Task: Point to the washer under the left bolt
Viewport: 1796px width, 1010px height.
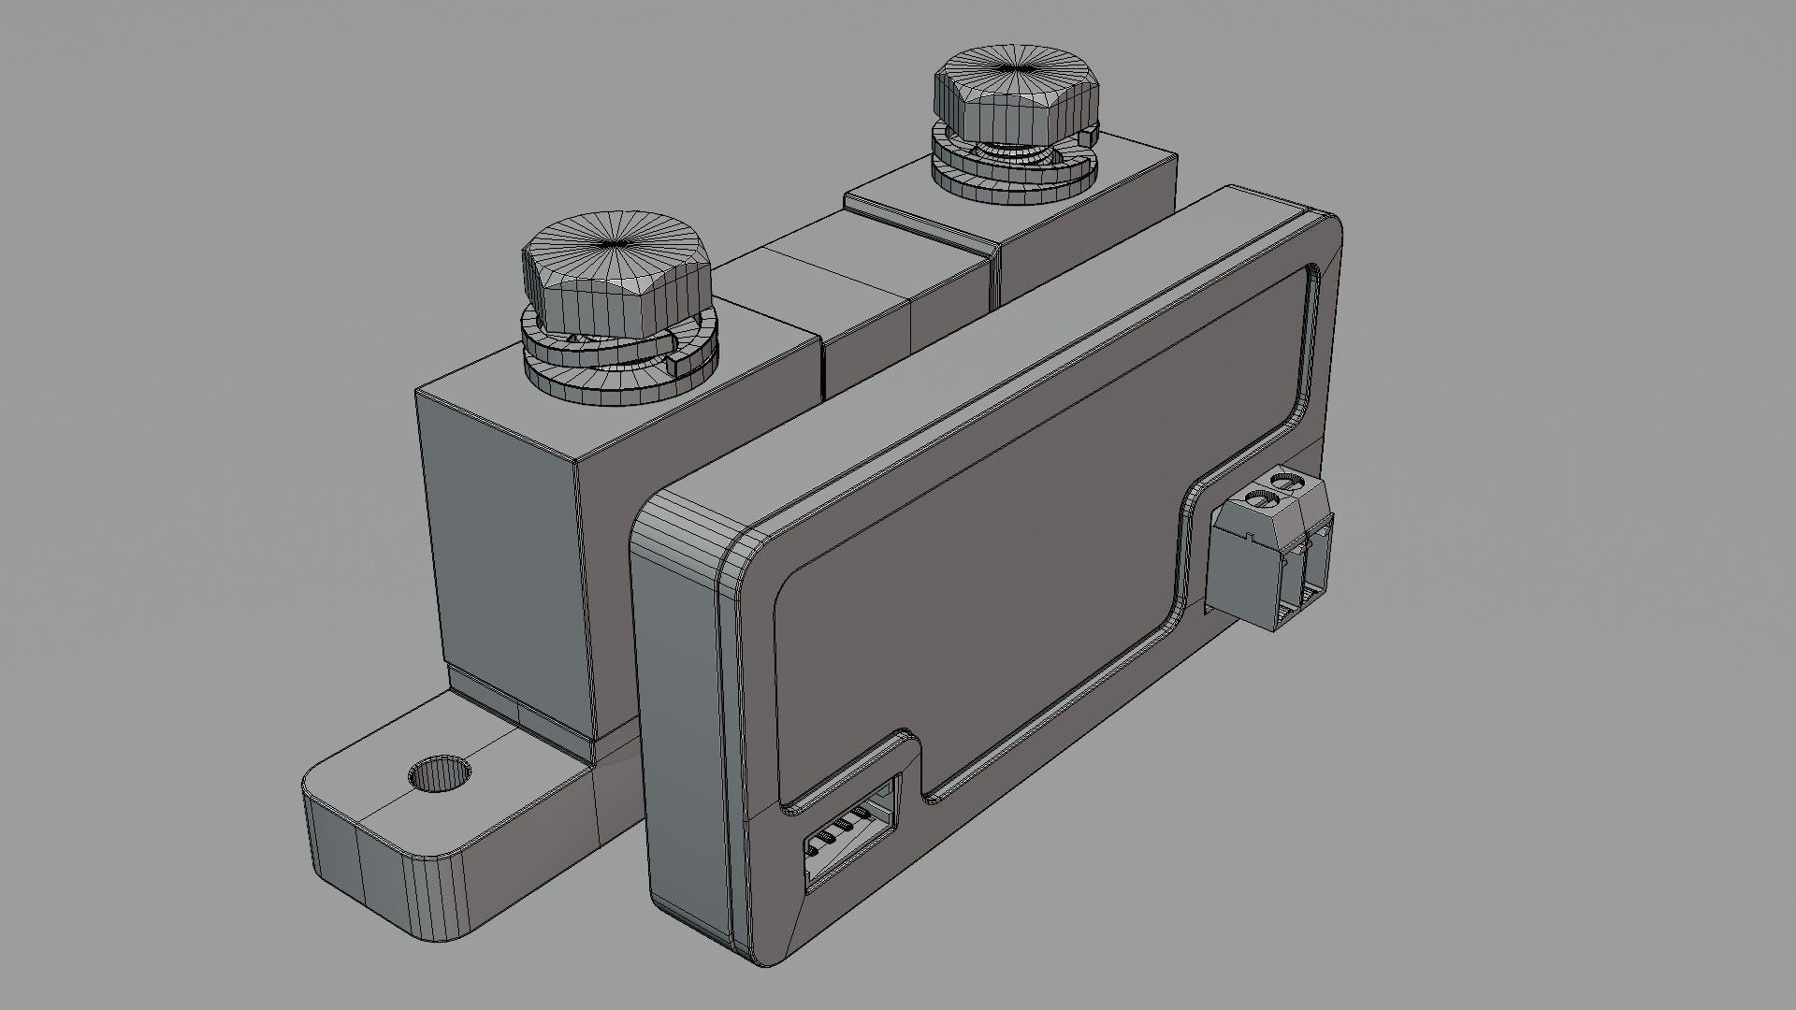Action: pyautogui.click(x=622, y=374)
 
